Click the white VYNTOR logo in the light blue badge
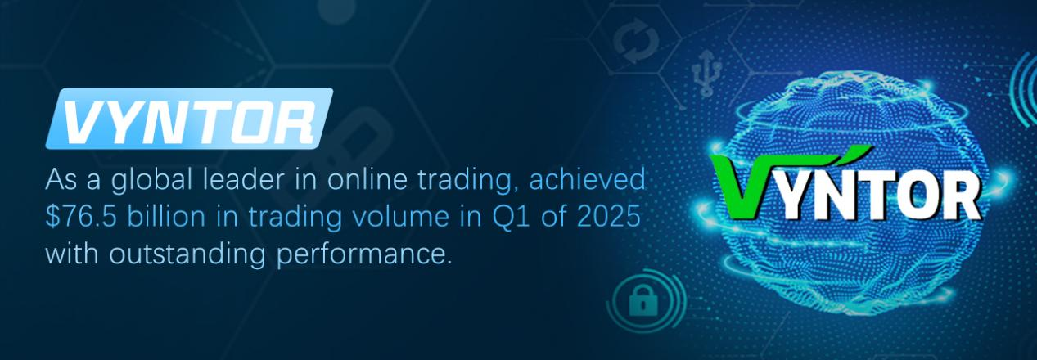[190, 119]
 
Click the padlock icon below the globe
[643, 299]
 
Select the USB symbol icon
[706, 73]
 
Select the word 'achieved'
[587, 179]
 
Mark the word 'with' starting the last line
[72, 254]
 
